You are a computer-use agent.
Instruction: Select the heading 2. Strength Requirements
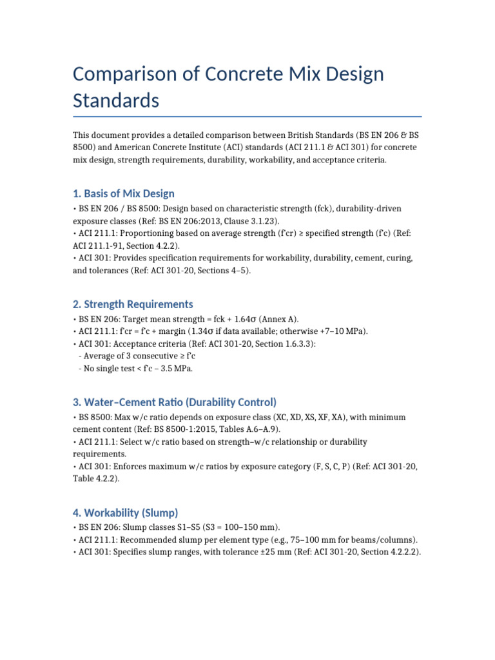click(x=133, y=304)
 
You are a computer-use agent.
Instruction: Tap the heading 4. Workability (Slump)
click(x=125, y=513)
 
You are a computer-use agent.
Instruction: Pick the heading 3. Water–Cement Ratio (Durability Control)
click(x=175, y=402)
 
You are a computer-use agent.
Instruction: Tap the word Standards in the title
click(x=116, y=101)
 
